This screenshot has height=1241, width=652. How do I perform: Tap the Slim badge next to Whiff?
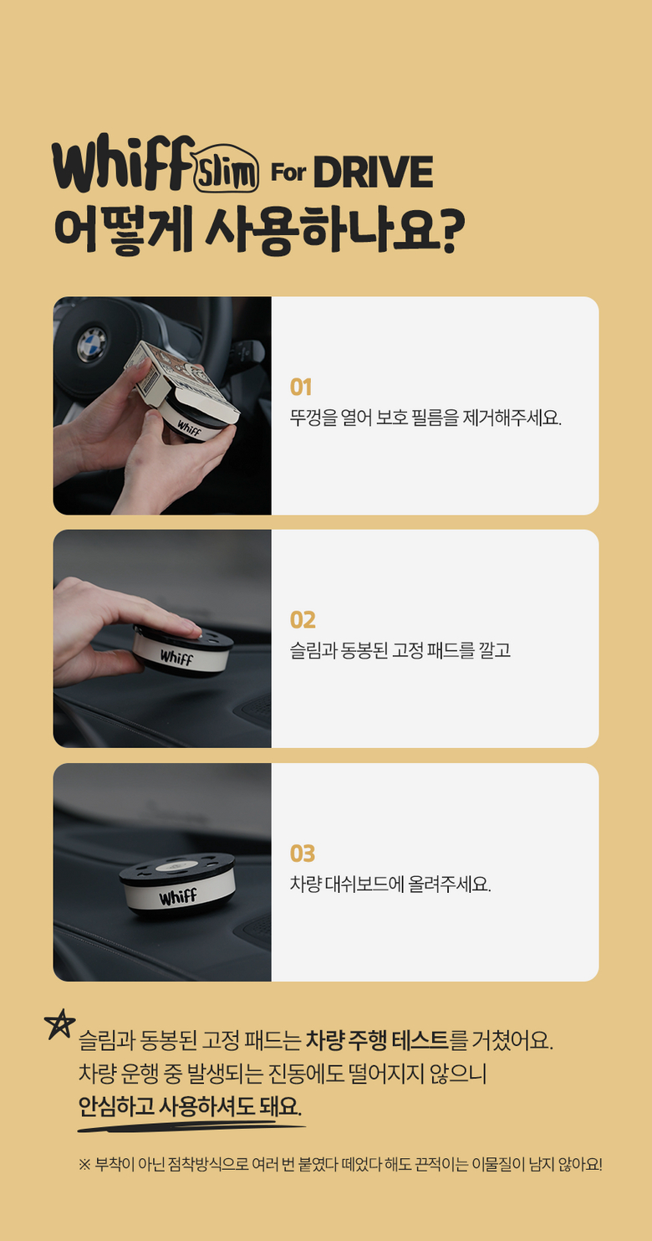point(227,173)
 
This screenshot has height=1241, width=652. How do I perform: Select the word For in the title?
point(288,174)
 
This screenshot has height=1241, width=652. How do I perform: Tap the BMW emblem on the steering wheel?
point(92,344)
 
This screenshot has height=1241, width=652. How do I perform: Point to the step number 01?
point(301,387)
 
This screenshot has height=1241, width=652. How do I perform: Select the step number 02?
point(303,620)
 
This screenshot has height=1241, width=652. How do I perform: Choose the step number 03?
point(303,854)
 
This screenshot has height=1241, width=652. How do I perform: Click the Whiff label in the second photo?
point(176,658)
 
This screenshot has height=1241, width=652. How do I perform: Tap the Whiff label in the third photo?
point(177,897)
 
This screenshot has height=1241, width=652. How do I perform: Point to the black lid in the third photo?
point(177,869)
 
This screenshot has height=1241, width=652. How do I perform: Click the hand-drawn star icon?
point(59,1024)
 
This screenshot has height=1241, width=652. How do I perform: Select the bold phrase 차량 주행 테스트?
point(377,1040)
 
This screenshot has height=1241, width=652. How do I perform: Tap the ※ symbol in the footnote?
point(84,1164)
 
